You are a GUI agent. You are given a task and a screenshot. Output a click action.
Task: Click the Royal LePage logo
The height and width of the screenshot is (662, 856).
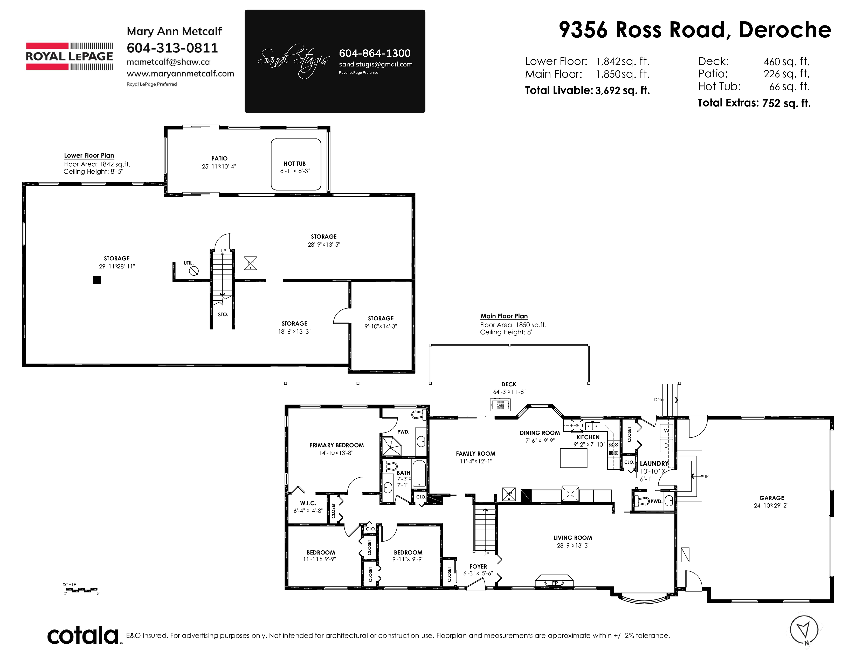(x=69, y=56)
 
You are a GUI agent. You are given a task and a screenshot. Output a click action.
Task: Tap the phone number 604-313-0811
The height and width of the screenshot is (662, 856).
(x=172, y=48)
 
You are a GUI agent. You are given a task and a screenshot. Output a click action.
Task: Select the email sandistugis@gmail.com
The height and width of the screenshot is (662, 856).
(x=376, y=64)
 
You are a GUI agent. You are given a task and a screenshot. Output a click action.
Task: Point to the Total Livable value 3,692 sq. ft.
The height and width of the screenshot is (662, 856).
(x=622, y=91)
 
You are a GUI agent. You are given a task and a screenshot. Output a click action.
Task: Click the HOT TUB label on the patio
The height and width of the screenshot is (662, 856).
(x=295, y=164)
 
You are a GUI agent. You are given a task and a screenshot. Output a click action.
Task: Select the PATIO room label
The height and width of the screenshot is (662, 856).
(x=219, y=158)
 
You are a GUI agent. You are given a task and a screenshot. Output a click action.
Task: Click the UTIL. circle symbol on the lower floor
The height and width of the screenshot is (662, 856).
(x=194, y=271)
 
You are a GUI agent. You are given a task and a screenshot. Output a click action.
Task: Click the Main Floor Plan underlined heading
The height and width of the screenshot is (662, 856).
(x=504, y=316)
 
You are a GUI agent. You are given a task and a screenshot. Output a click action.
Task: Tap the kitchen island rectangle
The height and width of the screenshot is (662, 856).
(x=574, y=458)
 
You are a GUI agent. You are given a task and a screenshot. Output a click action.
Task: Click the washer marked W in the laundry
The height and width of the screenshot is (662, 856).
(x=666, y=431)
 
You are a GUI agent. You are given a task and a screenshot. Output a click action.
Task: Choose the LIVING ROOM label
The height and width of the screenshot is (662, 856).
(x=573, y=538)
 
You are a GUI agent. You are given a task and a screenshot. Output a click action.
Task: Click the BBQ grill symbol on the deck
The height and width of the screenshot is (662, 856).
(x=501, y=404)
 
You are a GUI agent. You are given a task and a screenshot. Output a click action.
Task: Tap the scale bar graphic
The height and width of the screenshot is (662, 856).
(x=80, y=590)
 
